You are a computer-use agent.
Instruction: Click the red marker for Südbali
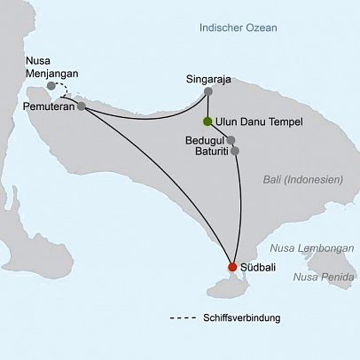232,267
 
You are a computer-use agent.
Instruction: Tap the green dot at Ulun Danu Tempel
207,121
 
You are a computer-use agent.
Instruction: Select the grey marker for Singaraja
208,90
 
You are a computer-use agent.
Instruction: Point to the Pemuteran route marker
82,106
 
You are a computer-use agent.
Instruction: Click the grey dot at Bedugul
231,140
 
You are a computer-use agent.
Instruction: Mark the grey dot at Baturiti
235,151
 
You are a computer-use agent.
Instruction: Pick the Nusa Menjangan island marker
52,86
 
